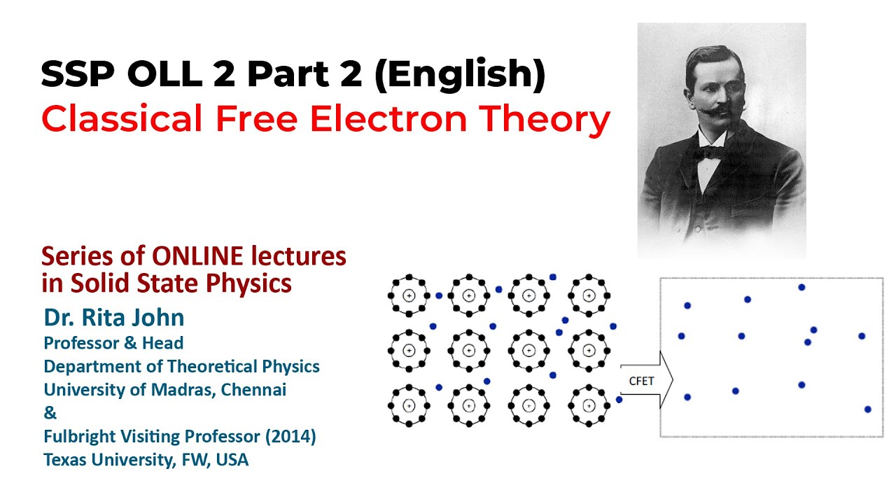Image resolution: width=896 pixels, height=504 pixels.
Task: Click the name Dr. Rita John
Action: (x=114, y=318)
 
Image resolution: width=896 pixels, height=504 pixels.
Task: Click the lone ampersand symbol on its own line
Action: (x=48, y=414)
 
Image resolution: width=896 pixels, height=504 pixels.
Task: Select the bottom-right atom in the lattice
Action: (x=589, y=405)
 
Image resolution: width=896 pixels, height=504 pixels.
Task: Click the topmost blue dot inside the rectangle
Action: (x=801, y=287)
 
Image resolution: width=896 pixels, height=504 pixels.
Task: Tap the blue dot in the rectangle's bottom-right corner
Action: (x=867, y=409)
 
